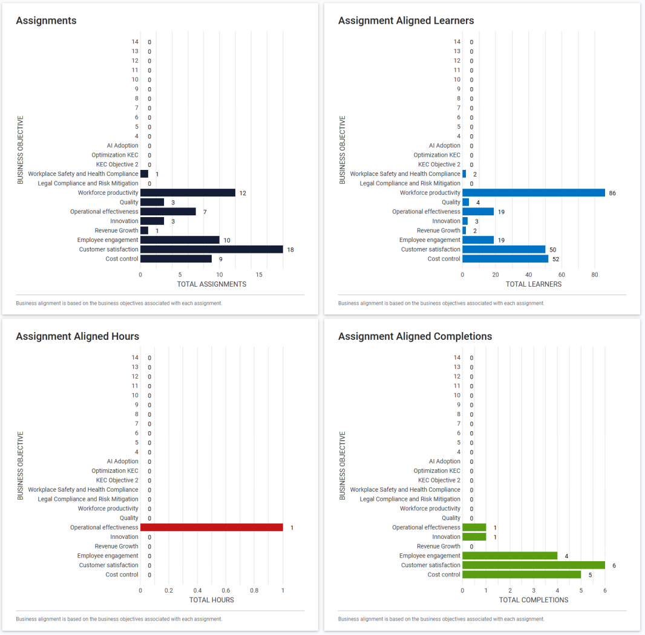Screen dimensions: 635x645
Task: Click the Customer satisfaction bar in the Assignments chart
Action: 212,249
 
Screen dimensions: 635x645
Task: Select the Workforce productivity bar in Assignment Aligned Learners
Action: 534,193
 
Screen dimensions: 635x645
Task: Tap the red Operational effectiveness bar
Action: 212,527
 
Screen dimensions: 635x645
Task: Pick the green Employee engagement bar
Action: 509,556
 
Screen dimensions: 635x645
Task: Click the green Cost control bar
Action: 522,575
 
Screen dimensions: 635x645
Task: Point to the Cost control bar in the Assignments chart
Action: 176,259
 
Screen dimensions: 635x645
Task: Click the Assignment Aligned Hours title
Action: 77,336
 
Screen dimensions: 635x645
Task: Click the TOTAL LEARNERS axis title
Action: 534,284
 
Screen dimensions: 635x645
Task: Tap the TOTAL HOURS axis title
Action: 212,600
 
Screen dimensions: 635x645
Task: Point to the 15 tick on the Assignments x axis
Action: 259,275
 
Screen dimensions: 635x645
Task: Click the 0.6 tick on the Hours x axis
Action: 226,590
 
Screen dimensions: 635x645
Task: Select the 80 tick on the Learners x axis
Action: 595,275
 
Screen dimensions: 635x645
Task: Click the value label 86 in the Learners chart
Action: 613,193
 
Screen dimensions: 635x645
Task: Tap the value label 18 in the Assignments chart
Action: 290,249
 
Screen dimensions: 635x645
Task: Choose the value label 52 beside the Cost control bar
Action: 556,259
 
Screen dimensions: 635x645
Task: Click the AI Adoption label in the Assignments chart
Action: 123,146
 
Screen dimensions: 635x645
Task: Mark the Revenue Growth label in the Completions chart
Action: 439,546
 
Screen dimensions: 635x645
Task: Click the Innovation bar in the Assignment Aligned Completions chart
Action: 474,537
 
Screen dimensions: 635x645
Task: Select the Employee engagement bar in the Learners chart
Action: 478,240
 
